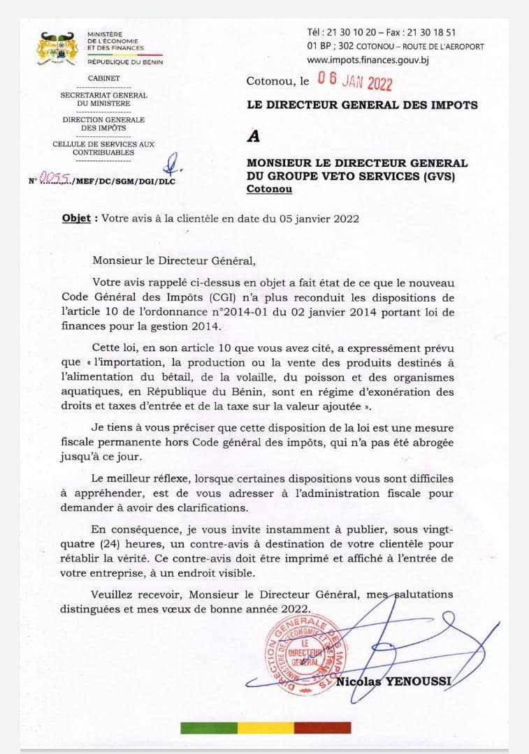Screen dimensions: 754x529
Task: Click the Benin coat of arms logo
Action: click(57, 47)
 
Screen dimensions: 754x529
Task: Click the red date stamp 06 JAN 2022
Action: click(355, 81)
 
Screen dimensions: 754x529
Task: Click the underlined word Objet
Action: click(76, 218)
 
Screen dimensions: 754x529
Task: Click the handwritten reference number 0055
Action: click(55, 179)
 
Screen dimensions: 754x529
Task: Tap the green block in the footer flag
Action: click(208, 727)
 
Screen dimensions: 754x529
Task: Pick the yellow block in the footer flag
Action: click(266, 727)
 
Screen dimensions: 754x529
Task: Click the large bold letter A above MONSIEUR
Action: click(254, 136)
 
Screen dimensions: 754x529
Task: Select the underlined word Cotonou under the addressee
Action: click(270, 189)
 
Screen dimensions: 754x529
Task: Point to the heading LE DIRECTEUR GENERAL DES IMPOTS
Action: click(362, 105)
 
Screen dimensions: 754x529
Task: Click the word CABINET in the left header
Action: click(103, 78)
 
